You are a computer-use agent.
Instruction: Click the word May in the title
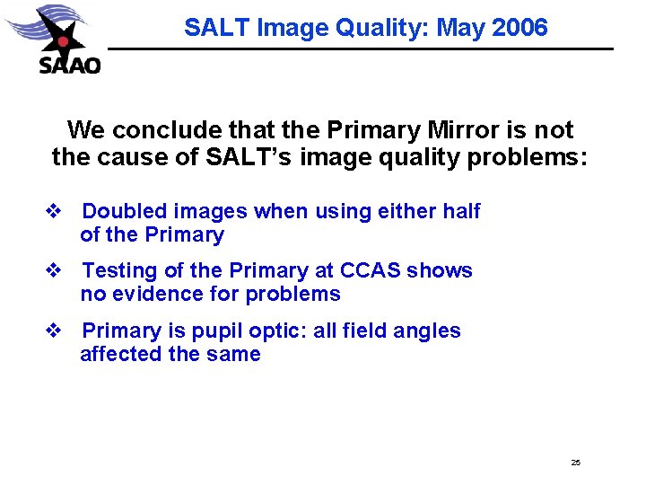[462, 28]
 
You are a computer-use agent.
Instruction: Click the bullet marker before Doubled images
[52, 212]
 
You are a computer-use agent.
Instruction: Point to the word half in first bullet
[461, 212]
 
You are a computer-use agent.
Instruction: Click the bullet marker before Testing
[52, 271]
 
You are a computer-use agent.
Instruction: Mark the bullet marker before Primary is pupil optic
[52, 331]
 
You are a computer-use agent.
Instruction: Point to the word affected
[120, 355]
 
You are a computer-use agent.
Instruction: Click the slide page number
[575, 463]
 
